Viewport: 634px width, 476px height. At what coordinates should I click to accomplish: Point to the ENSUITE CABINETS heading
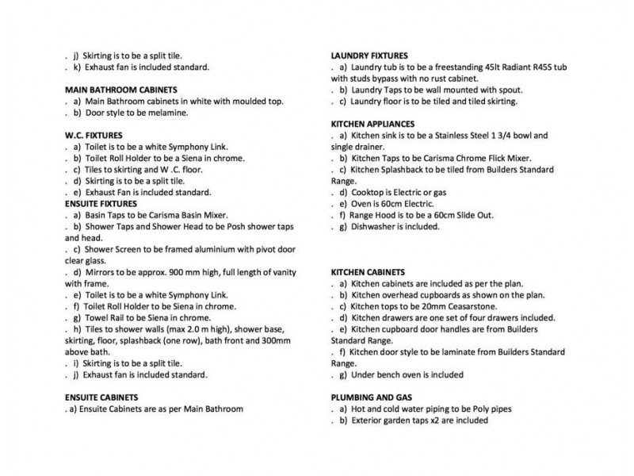tap(102, 397)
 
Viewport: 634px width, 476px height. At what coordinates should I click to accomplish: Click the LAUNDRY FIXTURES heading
tap(369, 56)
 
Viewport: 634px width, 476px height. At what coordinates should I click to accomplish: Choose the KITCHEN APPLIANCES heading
tap(372, 125)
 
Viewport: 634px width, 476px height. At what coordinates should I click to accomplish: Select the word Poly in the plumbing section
tap(479, 409)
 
